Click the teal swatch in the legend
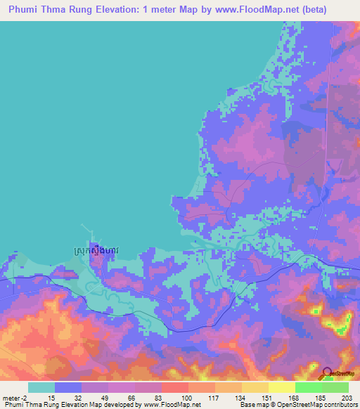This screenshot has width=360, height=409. tap(41, 387)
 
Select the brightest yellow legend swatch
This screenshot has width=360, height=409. tap(281, 387)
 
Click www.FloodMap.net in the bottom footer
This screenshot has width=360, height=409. tap(171, 405)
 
